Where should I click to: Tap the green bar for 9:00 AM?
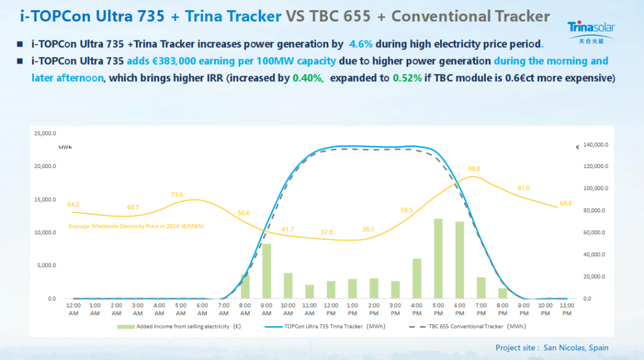tap(267, 271)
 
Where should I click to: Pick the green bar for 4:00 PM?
tap(417, 278)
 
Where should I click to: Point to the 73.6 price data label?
tap(177, 195)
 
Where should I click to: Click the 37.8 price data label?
tap(326, 232)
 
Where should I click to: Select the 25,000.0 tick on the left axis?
tap(46, 134)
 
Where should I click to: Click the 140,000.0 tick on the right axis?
tap(596, 144)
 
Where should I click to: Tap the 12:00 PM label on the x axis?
tap(331, 309)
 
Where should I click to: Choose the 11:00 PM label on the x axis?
tap(567, 309)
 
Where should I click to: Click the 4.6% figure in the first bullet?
tap(360, 44)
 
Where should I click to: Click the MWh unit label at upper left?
tap(64, 146)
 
